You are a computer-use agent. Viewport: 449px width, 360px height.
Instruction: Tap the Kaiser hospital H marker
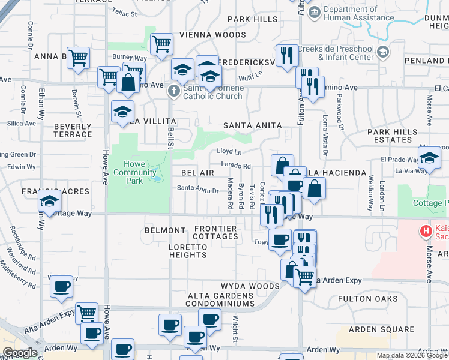pos(426,230)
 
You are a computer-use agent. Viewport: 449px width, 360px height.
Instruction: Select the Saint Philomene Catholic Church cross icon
pos(173,92)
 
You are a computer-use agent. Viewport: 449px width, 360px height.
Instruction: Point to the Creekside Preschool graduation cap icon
pos(382,52)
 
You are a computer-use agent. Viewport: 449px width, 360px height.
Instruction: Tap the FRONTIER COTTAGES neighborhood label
pos(215,232)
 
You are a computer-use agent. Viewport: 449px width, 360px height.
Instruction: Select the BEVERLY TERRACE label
pos(73,130)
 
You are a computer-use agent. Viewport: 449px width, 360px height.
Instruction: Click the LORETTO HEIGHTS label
pos(188,251)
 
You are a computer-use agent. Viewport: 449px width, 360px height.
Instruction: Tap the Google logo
pos(20,353)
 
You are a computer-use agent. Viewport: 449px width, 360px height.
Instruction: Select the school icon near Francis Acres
pos(50,201)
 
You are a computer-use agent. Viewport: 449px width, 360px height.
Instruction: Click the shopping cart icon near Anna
pos(79,58)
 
